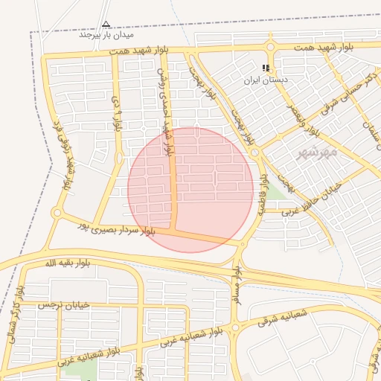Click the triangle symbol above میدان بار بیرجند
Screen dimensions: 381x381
pos(106,24)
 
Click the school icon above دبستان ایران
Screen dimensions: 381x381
pos(266,68)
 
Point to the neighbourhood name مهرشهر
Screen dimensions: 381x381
pos(318,153)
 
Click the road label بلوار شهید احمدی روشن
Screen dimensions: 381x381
pos(164,112)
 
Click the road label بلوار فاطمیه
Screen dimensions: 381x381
pos(263,195)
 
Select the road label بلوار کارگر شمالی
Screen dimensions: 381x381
pos(15,308)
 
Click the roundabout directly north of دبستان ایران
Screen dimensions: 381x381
pos(269,48)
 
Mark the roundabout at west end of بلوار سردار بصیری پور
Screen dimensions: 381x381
pos(57,214)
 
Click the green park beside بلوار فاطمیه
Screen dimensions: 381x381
pos(276,190)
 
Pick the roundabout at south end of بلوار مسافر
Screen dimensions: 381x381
pos(235,327)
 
